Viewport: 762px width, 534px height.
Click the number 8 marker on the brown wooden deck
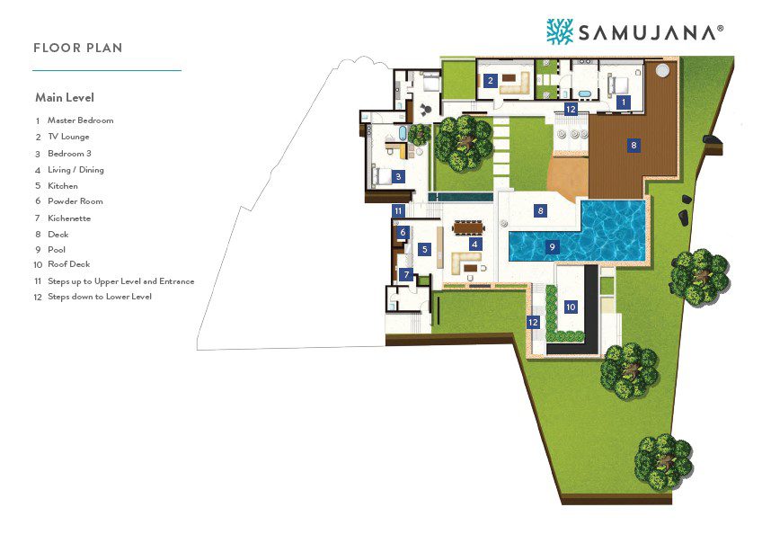pos(634,146)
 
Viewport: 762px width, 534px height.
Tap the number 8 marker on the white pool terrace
pos(540,211)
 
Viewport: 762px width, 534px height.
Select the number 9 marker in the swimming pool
pos(552,247)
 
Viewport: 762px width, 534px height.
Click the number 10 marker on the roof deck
pos(571,307)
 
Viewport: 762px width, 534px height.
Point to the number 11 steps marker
pos(398,211)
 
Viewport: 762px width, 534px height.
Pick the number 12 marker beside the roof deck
pos(533,322)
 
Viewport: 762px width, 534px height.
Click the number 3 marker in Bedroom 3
pos(398,177)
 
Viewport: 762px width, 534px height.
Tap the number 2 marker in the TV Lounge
pos(490,81)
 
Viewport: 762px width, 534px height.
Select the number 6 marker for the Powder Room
pos(403,233)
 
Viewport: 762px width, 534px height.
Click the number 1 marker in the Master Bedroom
pos(623,102)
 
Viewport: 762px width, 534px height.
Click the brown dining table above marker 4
pos(468,227)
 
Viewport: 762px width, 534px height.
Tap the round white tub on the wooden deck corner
pos(662,70)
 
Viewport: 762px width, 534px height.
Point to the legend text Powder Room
pos(75,201)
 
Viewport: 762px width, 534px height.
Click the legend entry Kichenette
pos(69,218)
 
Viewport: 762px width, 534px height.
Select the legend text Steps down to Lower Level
pos(100,297)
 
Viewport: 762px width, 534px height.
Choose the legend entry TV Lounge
pos(68,137)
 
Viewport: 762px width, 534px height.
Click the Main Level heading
pos(65,97)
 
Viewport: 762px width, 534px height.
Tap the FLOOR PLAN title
pos(78,48)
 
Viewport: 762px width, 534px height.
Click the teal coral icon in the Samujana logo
pos(560,31)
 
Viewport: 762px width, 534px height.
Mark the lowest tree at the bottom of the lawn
pos(663,461)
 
